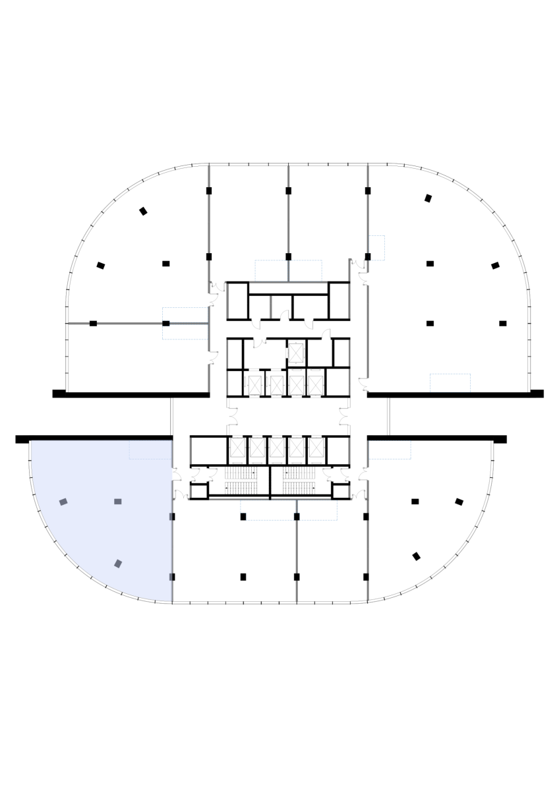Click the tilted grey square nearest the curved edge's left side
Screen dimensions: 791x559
[x=63, y=502]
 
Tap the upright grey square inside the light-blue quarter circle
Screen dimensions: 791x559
[x=118, y=502]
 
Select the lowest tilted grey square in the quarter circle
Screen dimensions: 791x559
[x=118, y=564]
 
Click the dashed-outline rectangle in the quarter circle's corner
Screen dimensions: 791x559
[x=150, y=450]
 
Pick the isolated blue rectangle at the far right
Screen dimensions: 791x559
[x=450, y=383]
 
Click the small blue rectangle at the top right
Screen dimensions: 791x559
[x=376, y=248]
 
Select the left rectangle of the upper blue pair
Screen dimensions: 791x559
[x=271, y=271]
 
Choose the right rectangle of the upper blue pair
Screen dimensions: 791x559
[x=306, y=271]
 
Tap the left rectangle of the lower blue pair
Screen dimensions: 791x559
[x=268, y=510]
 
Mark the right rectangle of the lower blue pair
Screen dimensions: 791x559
[x=318, y=510]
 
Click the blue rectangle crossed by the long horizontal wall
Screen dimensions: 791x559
[x=186, y=324]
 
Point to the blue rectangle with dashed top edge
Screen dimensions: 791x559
[x=390, y=450]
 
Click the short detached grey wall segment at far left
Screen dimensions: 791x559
[x=79, y=324]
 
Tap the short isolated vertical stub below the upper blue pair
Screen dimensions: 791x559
[x=270, y=307]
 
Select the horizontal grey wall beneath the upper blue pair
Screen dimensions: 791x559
[x=288, y=282]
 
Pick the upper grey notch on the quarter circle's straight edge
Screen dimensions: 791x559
[x=171, y=517]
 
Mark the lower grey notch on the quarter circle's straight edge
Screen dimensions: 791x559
[x=171, y=577]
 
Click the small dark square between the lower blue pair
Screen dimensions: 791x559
[x=297, y=516]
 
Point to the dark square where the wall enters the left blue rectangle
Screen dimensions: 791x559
[x=166, y=324]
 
